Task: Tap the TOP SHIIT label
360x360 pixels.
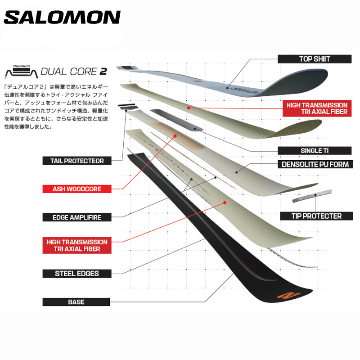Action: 314,58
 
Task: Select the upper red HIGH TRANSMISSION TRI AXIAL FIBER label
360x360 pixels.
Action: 317,108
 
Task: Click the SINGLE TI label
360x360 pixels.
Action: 314,151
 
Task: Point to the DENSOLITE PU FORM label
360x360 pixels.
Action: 315,164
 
